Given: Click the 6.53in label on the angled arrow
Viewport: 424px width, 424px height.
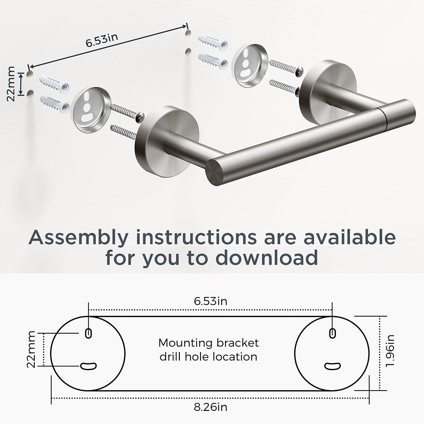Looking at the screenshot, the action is (102, 40).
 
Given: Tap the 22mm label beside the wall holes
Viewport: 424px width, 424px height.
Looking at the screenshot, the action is (11, 84).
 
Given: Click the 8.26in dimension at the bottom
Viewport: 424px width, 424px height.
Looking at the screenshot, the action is (210, 407).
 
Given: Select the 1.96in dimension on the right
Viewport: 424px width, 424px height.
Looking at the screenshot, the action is (390, 351).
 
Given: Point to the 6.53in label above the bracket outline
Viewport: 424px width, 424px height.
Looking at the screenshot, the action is (210, 301).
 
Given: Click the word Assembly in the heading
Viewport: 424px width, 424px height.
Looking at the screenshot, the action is (78, 238).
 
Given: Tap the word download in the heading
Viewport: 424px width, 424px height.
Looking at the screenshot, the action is (266, 257).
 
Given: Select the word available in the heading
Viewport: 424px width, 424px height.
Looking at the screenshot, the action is (350, 237).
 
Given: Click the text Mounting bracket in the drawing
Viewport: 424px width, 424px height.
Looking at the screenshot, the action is (209, 343).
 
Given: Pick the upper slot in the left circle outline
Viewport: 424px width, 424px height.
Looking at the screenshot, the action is (88, 333).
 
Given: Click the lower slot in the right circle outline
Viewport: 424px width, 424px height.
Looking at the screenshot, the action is (332, 366).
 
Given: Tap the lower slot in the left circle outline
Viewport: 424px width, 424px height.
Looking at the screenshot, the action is (89, 366).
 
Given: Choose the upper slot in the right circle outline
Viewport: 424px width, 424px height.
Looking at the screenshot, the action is (332, 333).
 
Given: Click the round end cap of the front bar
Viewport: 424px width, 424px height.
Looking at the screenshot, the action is (215, 172).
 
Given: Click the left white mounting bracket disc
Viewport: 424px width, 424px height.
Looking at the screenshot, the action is (91, 110).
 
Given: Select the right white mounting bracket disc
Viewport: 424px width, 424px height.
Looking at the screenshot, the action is (249, 66).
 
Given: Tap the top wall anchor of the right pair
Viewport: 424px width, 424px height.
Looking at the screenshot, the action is (212, 42).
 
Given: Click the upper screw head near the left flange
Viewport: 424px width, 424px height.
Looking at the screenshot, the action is (141, 116).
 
